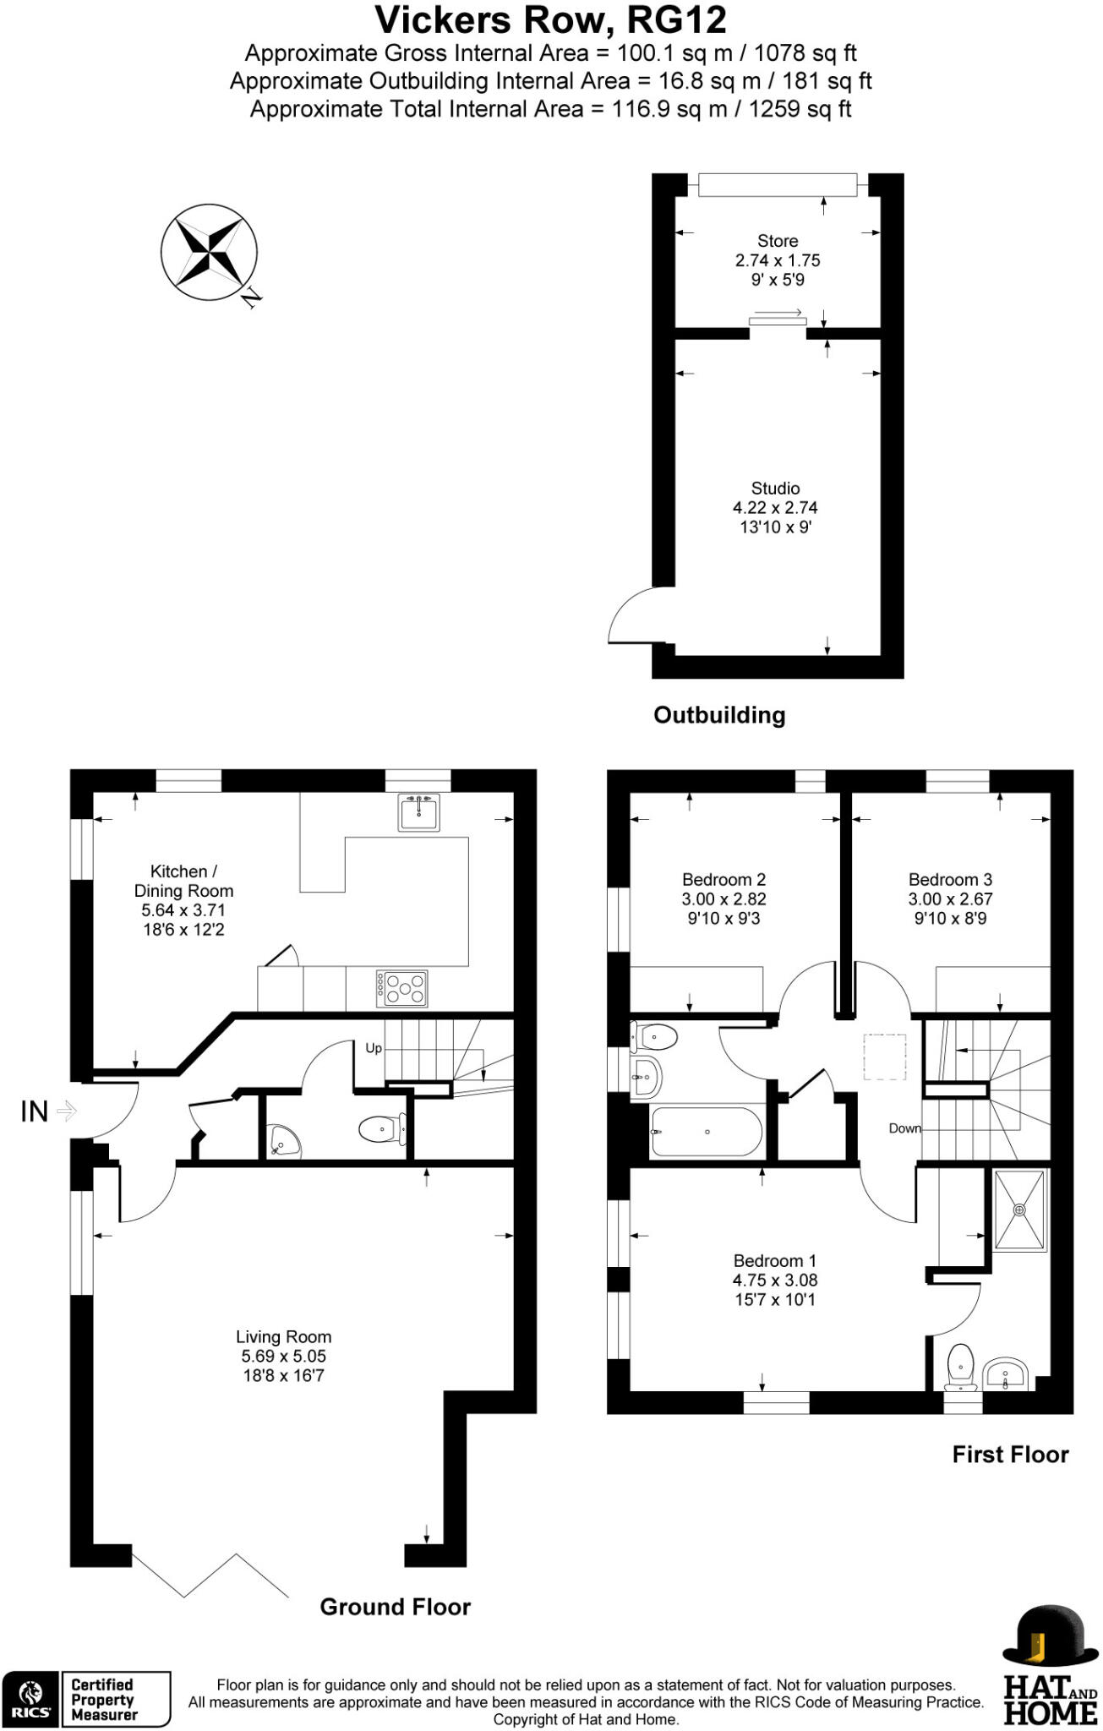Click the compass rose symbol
click(x=209, y=252)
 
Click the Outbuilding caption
click(x=719, y=715)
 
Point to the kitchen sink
click(x=419, y=813)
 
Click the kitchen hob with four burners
click(x=402, y=987)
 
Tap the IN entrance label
click(x=34, y=1111)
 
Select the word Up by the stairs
click(x=374, y=1048)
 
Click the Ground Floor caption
click(x=395, y=1607)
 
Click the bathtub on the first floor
click(x=707, y=1132)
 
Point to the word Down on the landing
click(x=904, y=1128)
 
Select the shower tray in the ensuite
click(x=1020, y=1210)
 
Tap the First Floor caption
click(x=1010, y=1454)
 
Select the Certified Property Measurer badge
click(x=86, y=1700)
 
